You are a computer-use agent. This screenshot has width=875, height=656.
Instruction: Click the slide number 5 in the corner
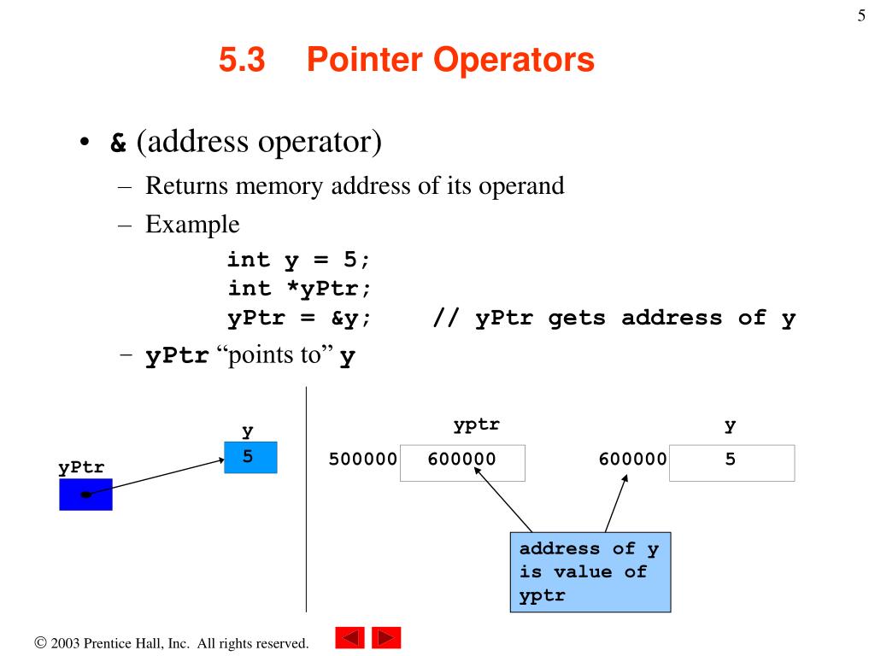click(x=861, y=15)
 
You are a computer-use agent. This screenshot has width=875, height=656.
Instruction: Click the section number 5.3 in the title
click(x=243, y=61)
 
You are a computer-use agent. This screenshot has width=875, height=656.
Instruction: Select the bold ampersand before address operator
click(x=118, y=142)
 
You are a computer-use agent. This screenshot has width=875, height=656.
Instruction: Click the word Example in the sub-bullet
click(x=192, y=225)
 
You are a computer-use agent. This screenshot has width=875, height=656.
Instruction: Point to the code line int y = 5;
click(x=299, y=259)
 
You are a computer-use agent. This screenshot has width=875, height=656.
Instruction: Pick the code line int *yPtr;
click(x=299, y=289)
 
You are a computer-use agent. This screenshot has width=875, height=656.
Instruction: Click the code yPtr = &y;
click(x=299, y=319)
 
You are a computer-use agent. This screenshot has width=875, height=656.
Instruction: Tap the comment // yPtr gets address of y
click(x=614, y=319)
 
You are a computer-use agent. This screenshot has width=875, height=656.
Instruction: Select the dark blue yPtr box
click(x=85, y=495)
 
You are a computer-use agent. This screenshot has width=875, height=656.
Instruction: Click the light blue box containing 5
click(x=250, y=458)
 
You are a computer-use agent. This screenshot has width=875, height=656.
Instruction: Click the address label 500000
click(x=363, y=460)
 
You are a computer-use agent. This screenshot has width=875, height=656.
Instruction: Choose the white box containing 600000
click(x=462, y=462)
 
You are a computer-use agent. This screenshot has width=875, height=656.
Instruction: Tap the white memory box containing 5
click(x=731, y=462)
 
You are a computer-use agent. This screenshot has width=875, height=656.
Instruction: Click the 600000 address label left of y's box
click(x=632, y=460)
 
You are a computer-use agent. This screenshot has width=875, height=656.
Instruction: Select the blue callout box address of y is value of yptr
click(x=590, y=572)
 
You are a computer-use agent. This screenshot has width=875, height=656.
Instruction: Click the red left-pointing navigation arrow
click(x=350, y=638)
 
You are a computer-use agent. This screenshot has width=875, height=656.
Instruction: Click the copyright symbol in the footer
click(x=40, y=642)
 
